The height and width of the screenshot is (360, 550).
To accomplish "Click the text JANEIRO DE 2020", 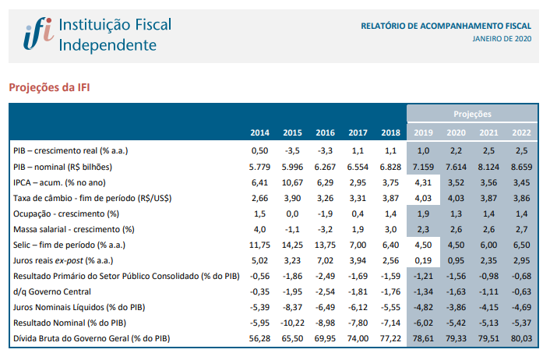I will pyautogui.click(x=502, y=38).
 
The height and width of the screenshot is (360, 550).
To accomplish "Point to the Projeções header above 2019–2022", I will pyautogui.click(x=472, y=115).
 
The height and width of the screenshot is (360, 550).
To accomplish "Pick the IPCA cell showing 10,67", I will pyautogui.click(x=293, y=182).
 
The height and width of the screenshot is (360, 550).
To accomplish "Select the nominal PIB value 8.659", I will pyautogui.click(x=521, y=166).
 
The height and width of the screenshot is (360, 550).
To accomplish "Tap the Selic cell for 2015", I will pyautogui.click(x=293, y=245).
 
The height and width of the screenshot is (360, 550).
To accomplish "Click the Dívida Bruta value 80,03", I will pyautogui.click(x=521, y=339).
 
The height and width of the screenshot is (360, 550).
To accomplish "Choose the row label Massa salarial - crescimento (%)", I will pyautogui.click(x=74, y=229).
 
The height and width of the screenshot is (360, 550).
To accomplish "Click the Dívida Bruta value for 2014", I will pyautogui.click(x=259, y=339).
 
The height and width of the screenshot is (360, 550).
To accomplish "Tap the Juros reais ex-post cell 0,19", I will pyautogui.click(x=424, y=260).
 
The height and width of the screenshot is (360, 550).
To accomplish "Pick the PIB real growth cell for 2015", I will pyautogui.click(x=293, y=150).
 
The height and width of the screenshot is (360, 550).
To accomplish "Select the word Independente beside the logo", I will pyautogui.click(x=108, y=44).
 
